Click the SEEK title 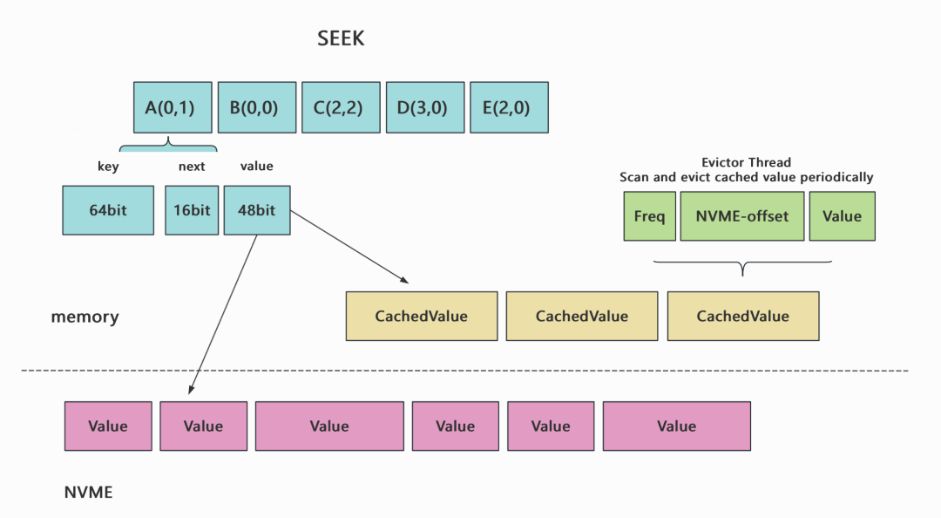341,38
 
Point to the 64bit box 108,209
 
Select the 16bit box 192,209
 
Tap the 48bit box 257,209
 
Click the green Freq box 649,216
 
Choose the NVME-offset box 741,216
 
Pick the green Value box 842,216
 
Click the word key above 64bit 108,167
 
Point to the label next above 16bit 192,167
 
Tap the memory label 85,317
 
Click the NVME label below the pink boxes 88,492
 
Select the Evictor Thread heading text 746,162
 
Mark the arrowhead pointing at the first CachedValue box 404,279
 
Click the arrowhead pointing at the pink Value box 191,389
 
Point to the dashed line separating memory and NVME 464,371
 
